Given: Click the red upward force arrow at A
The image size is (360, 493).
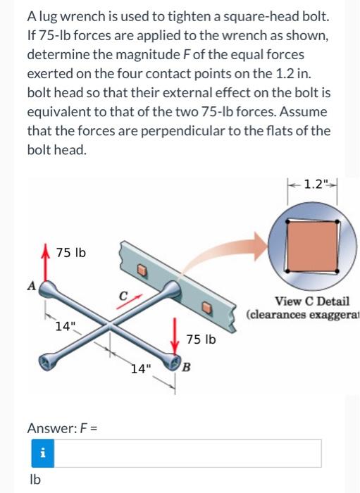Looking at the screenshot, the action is point(46,262).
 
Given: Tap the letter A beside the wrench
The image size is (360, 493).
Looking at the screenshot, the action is point(32,285).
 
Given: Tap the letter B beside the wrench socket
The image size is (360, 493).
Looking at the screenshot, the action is point(186,367).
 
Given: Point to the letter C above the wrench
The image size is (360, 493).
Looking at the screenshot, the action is point(123,296).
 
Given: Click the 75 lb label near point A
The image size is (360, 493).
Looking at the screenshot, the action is point(70,252).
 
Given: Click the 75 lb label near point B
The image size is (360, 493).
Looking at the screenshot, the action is point(201,339).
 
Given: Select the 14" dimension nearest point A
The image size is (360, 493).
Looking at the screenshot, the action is point(64,326).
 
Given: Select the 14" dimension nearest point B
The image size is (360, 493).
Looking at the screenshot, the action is point(141,368).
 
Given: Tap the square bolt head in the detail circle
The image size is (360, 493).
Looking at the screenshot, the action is point(312,246).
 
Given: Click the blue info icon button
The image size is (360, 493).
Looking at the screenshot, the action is point(43,453).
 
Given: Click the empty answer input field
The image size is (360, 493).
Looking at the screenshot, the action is point(187,453).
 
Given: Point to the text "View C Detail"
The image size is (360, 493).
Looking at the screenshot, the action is point(312,301).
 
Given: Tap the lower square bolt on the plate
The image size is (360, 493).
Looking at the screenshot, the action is point(206,308).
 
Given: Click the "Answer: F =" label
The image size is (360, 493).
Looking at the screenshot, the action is point(62,428).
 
